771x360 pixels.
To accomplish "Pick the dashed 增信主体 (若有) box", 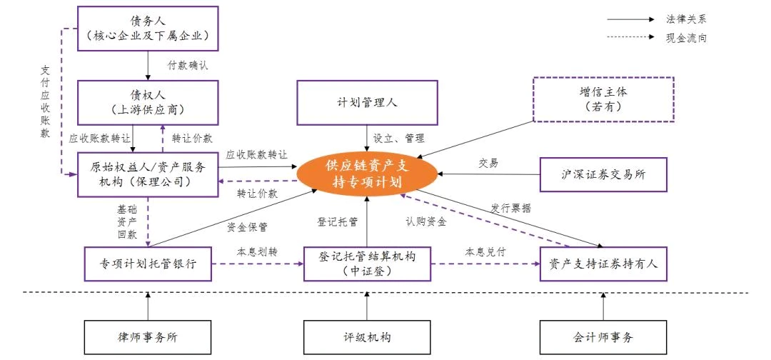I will coord(604,99).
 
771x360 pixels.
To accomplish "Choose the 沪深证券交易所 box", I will coord(603,174).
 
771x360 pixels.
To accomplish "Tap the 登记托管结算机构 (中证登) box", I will coord(367,264).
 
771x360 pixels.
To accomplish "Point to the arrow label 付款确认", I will coord(188,66).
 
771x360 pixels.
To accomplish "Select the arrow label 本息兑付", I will coord(485,252).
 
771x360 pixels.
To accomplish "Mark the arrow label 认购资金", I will coord(426,222).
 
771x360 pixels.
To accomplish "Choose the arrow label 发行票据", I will coord(511,208).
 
